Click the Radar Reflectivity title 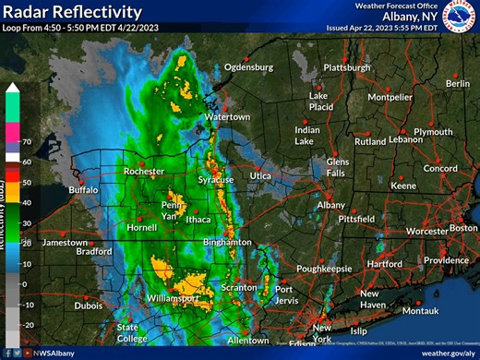click(x=72, y=12)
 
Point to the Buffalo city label click(x=82, y=190)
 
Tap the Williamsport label click(x=172, y=299)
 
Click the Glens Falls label click(x=338, y=167)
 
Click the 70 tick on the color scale click(x=28, y=141)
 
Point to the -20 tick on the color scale click(x=29, y=324)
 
